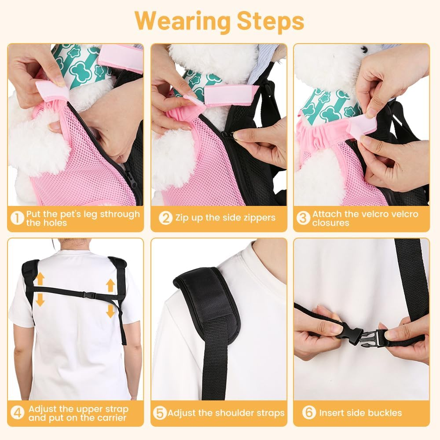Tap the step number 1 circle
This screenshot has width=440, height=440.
[x=17, y=219]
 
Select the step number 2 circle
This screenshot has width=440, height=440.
[x=165, y=218]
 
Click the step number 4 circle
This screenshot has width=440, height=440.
[x=17, y=413]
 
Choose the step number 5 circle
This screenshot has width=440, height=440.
[x=160, y=413]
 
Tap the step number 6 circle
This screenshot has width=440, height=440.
[x=309, y=413]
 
